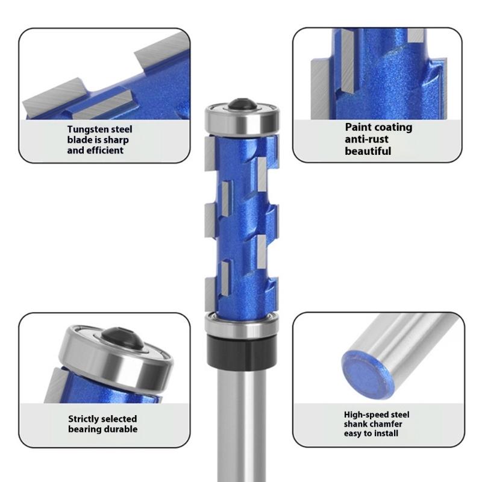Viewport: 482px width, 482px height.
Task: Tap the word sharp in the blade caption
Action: pos(115,140)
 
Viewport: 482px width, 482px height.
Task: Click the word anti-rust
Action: pos(366,139)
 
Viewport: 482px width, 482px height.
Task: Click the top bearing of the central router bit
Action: pos(240,119)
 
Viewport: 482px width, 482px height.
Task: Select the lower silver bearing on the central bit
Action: pos(240,324)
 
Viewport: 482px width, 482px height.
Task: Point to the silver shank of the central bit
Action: pos(240,422)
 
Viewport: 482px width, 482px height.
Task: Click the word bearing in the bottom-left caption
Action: pos(86,430)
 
